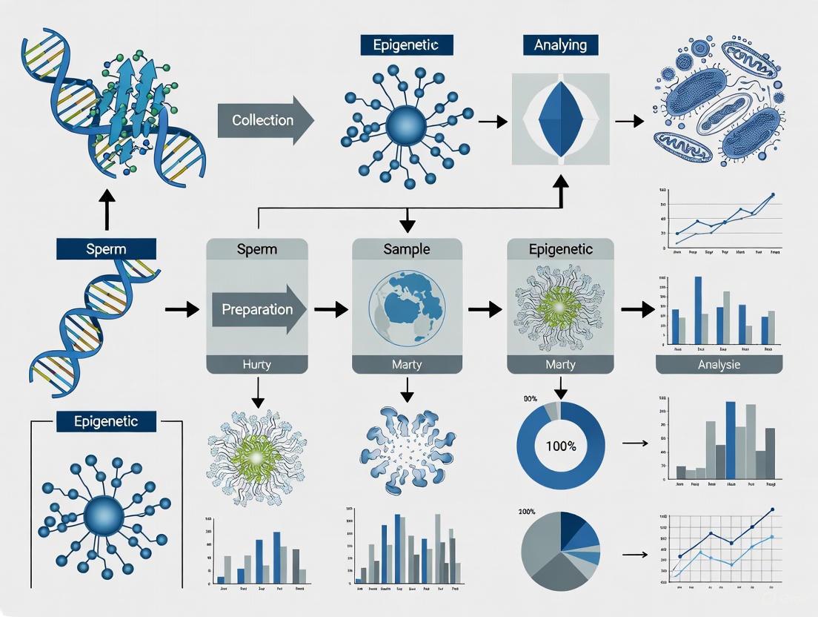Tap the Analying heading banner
560,44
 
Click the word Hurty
257,364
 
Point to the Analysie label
719,364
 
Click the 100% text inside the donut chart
561,446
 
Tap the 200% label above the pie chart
528,512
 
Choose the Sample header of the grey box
406,249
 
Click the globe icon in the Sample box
406,308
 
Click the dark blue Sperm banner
106,248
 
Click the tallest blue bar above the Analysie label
697,310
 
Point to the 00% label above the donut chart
530,399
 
